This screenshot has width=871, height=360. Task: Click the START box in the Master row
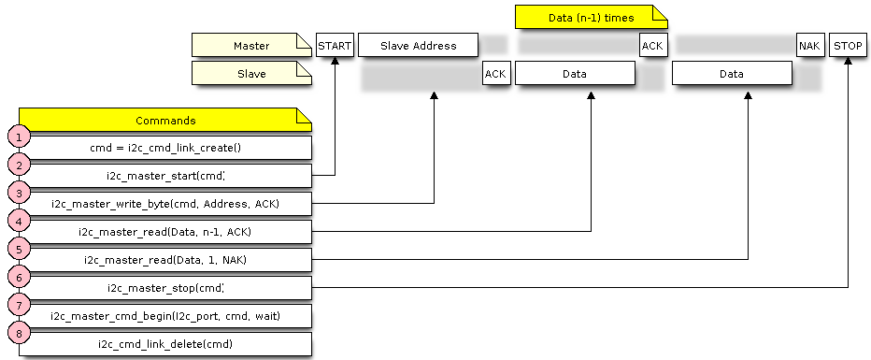pos(335,45)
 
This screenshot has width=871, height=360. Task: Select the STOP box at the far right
pos(848,45)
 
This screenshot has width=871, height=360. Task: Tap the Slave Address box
pos(418,45)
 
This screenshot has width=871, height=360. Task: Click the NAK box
pos(810,45)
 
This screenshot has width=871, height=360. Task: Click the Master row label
pos(250,45)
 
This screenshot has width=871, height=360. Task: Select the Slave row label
pos(250,73)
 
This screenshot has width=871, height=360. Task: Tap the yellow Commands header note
pos(164,120)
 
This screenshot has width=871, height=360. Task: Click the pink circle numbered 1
pos(18,136)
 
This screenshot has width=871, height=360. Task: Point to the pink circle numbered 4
pos(18,220)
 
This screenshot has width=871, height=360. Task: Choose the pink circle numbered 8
pos(18,332)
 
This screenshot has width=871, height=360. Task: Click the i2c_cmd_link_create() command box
pos(164,148)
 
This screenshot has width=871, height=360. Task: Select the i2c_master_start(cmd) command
pos(164,176)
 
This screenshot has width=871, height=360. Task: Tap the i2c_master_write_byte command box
pos(164,204)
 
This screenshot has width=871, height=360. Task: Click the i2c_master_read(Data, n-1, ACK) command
pos(164,232)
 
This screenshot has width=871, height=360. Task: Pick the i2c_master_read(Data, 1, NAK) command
pos(164,260)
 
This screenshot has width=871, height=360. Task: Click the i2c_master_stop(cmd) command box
pos(164,288)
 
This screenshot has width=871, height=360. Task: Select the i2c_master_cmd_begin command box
pos(164,316)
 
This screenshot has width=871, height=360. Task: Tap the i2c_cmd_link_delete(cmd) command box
pos(164,344)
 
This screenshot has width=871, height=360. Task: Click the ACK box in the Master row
pos(652,45)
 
